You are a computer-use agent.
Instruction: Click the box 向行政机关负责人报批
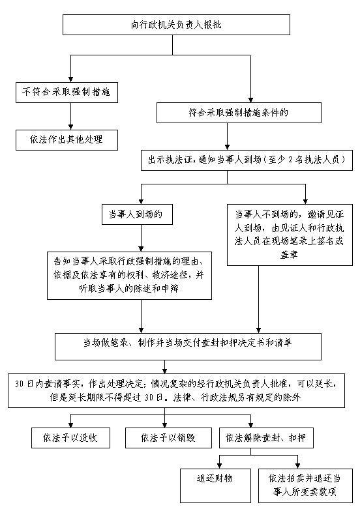tap(176, 25)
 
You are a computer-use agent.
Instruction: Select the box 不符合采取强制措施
tap(67, 93)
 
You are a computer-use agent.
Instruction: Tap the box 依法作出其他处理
tap(67, 140)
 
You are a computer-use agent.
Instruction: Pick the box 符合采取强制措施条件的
tap(239, 113)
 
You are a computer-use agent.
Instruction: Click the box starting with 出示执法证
tap(247, 160)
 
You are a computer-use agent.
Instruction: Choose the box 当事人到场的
tap(137, 214)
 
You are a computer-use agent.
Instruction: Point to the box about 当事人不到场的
tap(290, 235)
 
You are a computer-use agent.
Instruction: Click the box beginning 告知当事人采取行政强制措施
tap(129, 276)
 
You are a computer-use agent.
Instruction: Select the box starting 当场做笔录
tap(188, 347)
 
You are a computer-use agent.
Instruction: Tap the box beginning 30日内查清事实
tap(177, 390)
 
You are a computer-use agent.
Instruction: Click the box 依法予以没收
tap(70, 438)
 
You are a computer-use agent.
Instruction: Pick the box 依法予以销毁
tap(168, 438)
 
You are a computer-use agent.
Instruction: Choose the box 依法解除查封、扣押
tap(266, 438)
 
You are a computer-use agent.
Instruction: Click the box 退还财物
tap(215, 486)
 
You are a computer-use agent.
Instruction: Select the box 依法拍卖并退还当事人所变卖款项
tap(305, 486)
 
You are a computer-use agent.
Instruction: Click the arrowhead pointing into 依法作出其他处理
tap(70, 127)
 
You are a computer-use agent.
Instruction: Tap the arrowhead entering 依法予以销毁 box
tap(165, 425)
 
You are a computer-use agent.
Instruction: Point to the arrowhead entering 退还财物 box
tap(219, 466)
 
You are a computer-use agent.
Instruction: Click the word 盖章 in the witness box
tap(289, 254)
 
